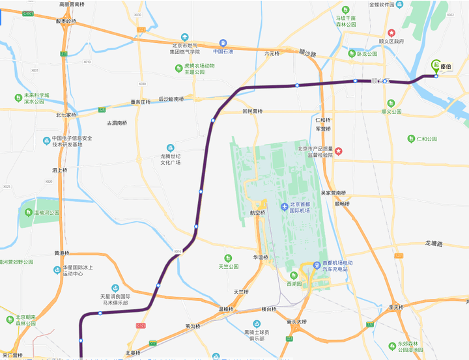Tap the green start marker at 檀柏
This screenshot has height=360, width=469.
click(436, 66)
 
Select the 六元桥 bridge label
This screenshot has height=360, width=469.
click(272, 53)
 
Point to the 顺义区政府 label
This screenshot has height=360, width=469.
click(391, 42)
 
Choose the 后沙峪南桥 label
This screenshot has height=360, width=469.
click(171, 100)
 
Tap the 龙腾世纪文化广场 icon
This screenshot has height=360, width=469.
click(171, 148)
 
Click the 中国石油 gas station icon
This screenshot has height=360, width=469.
click(223, 42)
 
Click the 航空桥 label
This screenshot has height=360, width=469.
click(258, 212)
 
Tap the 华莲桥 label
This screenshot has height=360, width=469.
click(261, 258)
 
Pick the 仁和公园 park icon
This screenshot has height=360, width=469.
click(411, 139)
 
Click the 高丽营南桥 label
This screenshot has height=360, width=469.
click(73, 5)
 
